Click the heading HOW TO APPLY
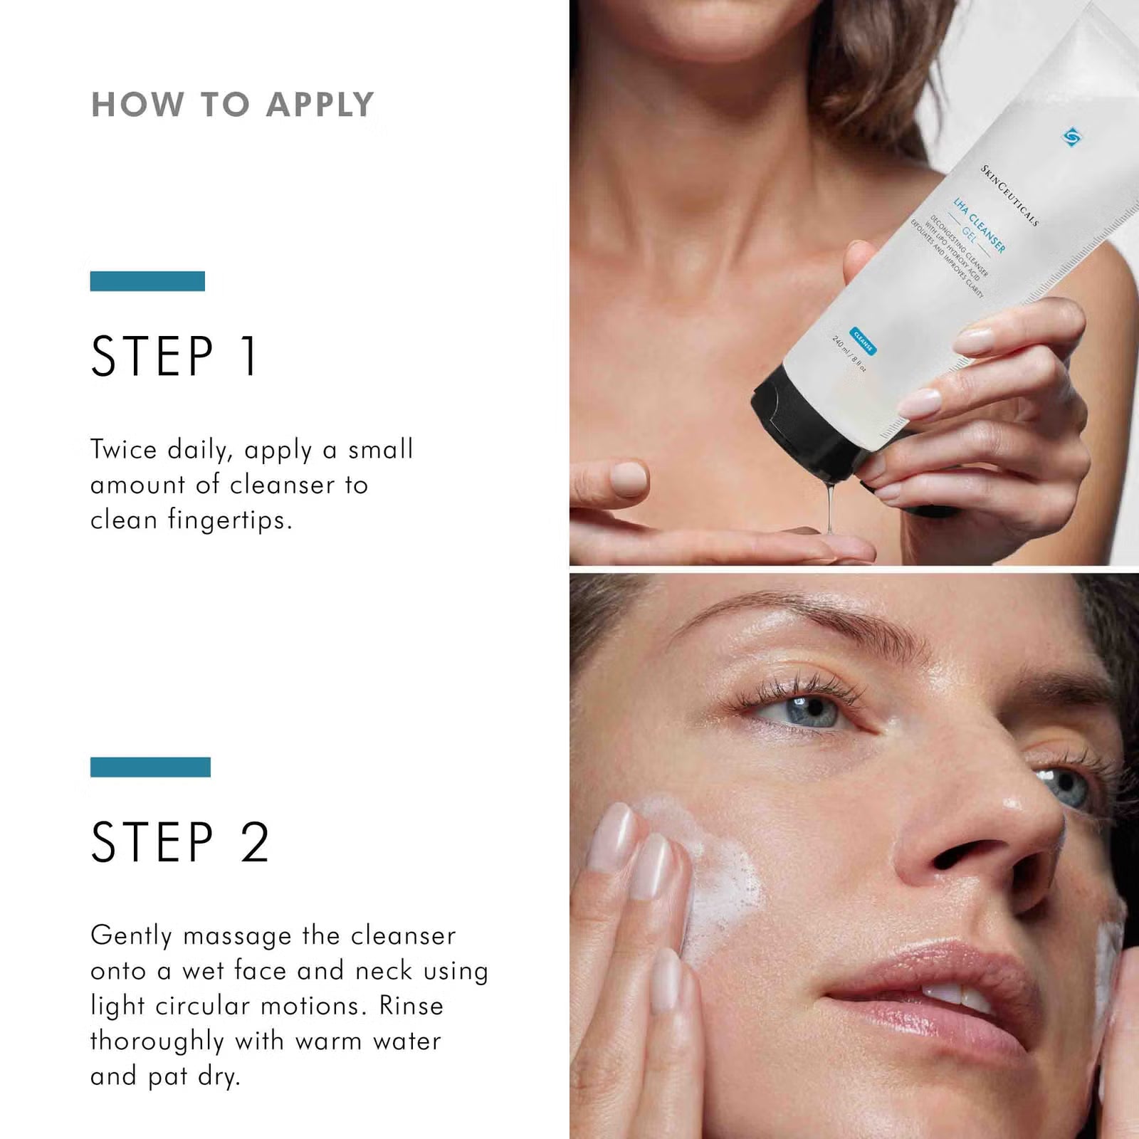pos(232,105)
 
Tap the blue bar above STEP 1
pos(147,281)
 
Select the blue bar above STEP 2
pos(150,767)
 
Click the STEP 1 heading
pos(174,356)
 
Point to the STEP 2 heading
pos(180,842)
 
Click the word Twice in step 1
pos(123,450)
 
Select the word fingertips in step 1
pos(229,520)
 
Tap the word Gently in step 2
pos(131,936)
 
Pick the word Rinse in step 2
pos(411,1006)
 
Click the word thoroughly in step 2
pos(157,1041)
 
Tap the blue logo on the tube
pos(1071,136)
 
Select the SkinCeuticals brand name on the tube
pos(1009,195)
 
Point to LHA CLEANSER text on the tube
pos(980,225)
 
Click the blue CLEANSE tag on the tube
pos(863,342)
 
